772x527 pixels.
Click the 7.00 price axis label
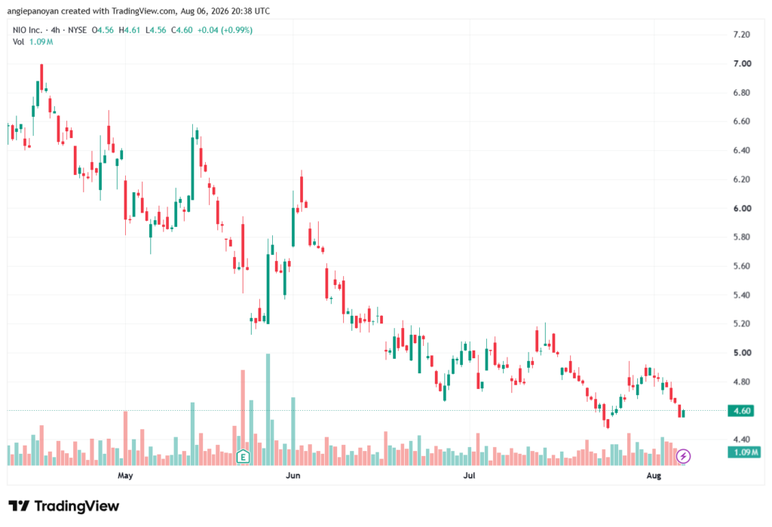click(742, 63)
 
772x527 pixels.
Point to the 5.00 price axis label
click(742, 353)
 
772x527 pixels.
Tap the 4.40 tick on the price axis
click(742, 440)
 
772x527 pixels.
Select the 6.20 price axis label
click(742, 179)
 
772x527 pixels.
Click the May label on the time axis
click(125, 475)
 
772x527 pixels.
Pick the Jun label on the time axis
click(293, 475)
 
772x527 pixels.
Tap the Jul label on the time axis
click(469, 475)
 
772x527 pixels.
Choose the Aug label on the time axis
click(654, 475)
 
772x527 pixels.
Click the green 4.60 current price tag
click(741, 411)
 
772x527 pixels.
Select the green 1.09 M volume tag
click(744, 452)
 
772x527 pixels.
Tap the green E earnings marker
click(243, 457)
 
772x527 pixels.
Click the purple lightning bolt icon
click(683, 456)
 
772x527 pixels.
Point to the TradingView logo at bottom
click(64, 506)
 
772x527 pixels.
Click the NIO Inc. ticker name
click(28, 30)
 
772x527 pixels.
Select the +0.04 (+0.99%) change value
click(225, 30)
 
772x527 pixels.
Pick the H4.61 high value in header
click(130, 30)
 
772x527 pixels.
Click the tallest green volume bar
click(268, 409)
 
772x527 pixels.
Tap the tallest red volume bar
click(243, 418)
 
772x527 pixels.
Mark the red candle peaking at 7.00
click(42, 77)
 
